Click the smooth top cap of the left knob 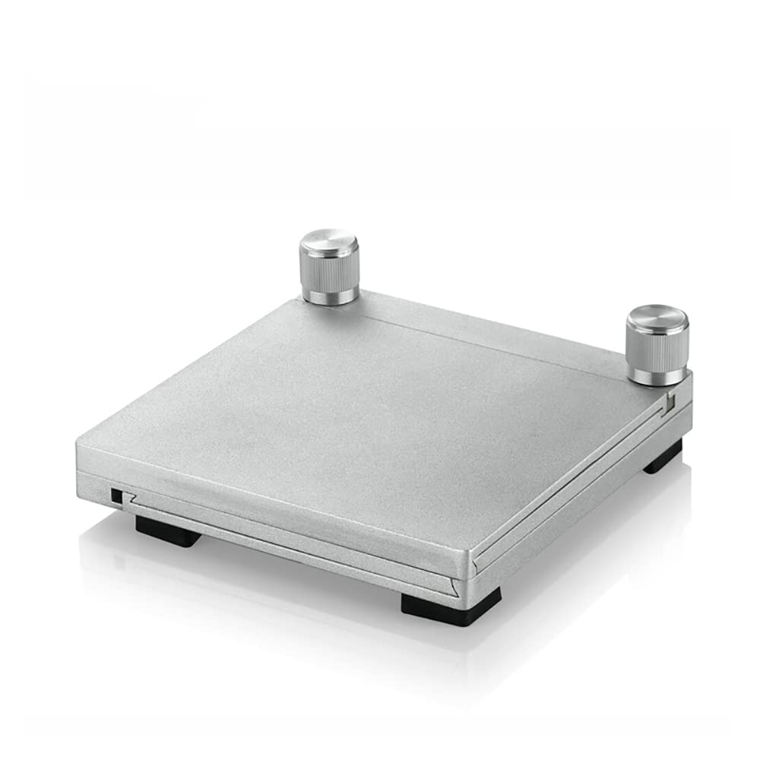(x=329, y=245)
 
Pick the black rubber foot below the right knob (x=663, y=459)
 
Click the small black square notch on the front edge (x=116, y=496)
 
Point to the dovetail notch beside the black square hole (x=131, y=499)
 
